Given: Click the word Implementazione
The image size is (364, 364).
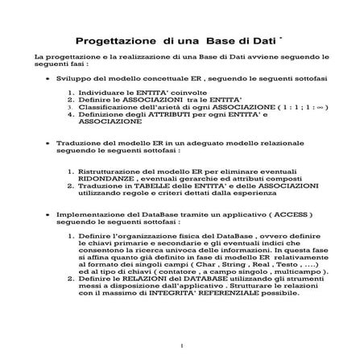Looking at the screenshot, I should pyautogui.click(x=89, y=215).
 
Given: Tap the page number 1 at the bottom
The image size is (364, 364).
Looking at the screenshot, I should pyautogui.click(x=183, y=345).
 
